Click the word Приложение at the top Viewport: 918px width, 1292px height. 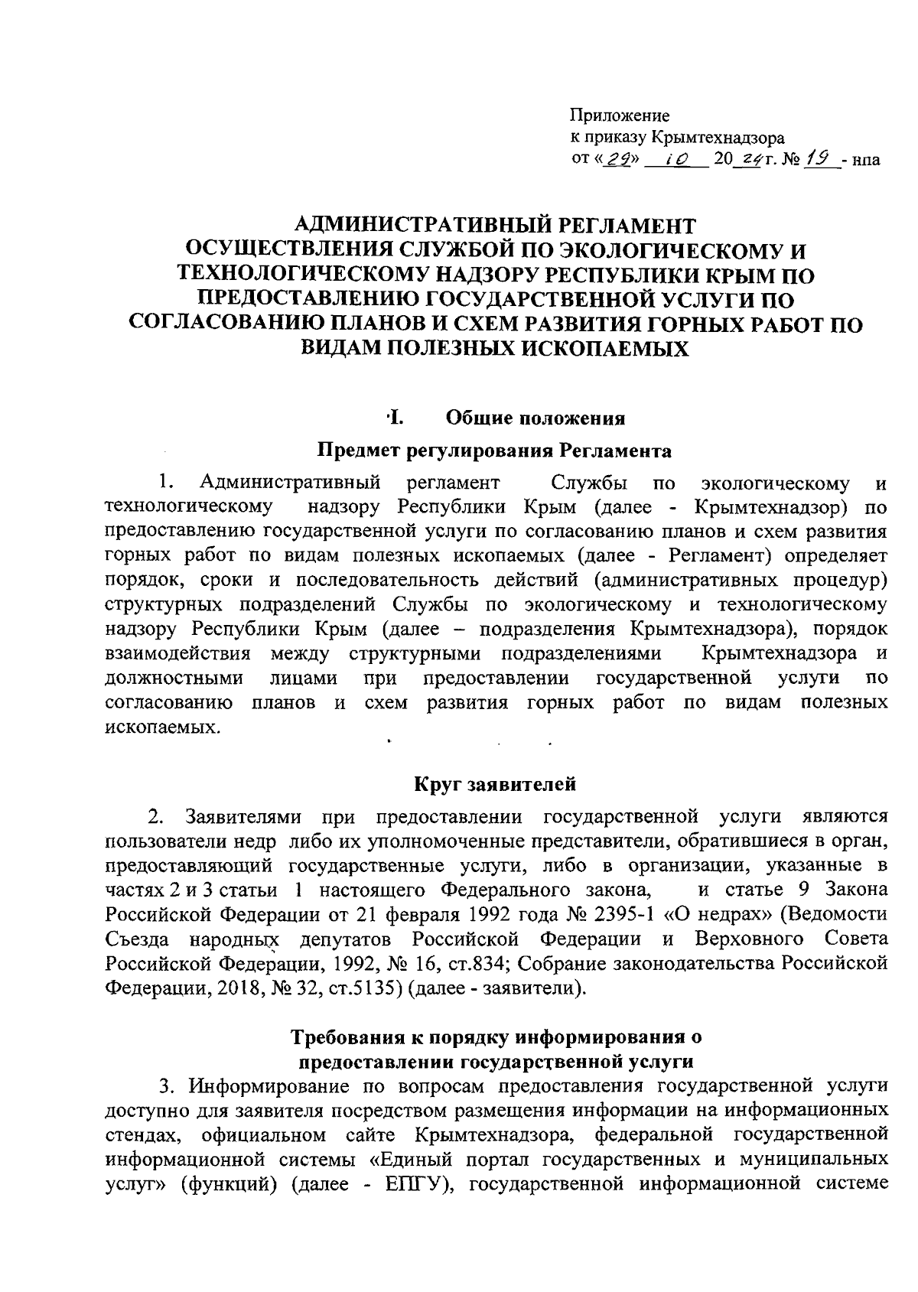(x=620, y=116)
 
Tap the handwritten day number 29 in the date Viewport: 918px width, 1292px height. (x=614, y=160)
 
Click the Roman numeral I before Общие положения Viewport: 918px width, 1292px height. (x=396, y=418)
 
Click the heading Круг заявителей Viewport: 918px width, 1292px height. (x=495, y=784)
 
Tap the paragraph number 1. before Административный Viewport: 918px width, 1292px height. (x=168, y=483)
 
